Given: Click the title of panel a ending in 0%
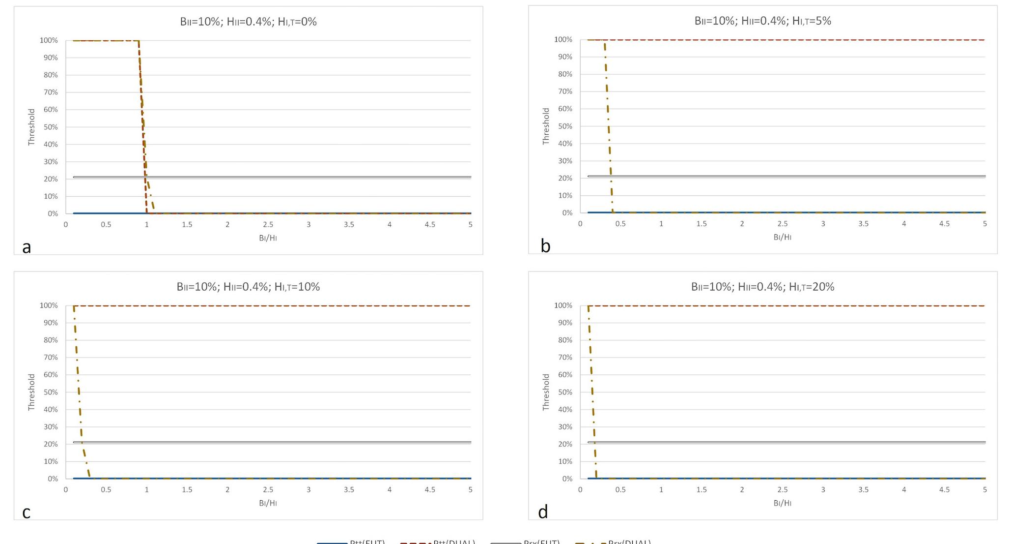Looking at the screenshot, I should pyautogui.click(x=248, y=22).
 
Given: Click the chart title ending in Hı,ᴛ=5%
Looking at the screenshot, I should pyautogui.click(x=762, y=21).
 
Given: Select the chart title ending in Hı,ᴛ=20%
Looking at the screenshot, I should pyautogui.click(x=762, y=287).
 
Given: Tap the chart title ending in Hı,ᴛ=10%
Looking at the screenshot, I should pyautogui.click(x=248, y=287).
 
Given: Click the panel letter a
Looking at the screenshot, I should pyautogui.click(x=27, y=247).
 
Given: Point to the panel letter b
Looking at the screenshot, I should pyautogui.click(x=545, y=246).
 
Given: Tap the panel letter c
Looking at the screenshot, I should pyautogui.click(x=27, y=513).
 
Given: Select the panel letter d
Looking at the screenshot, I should pyautogui.click(x=543, y=512).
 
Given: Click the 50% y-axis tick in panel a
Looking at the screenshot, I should pyautogui.click(x=51, y=127).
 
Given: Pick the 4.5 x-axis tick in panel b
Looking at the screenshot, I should pyautogui.click(x=944, y=224).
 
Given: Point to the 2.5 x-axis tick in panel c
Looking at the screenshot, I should pyautogui.click(x=268, y=490).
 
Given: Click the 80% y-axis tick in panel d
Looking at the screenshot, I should pyautogui.click(x=565, y=340).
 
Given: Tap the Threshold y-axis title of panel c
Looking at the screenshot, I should pyautogui.click(x=31, y=392).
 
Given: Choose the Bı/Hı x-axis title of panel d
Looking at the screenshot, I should pyautogui.click(x=782, y=503).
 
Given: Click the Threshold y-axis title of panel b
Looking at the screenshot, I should pyautogui.click(x=546, y=126).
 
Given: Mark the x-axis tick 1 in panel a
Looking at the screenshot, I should pyautogui.click(x=146, y=225).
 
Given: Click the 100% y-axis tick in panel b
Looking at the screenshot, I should pyautogui.click(x=563, y=39).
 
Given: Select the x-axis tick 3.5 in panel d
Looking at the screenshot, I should pyautogui.click(x=863, y=490).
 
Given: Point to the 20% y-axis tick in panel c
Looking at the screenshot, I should pyautogui.click(x=51, y=444).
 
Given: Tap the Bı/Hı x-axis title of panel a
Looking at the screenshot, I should pyautogui.click(x=268, y=238).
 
